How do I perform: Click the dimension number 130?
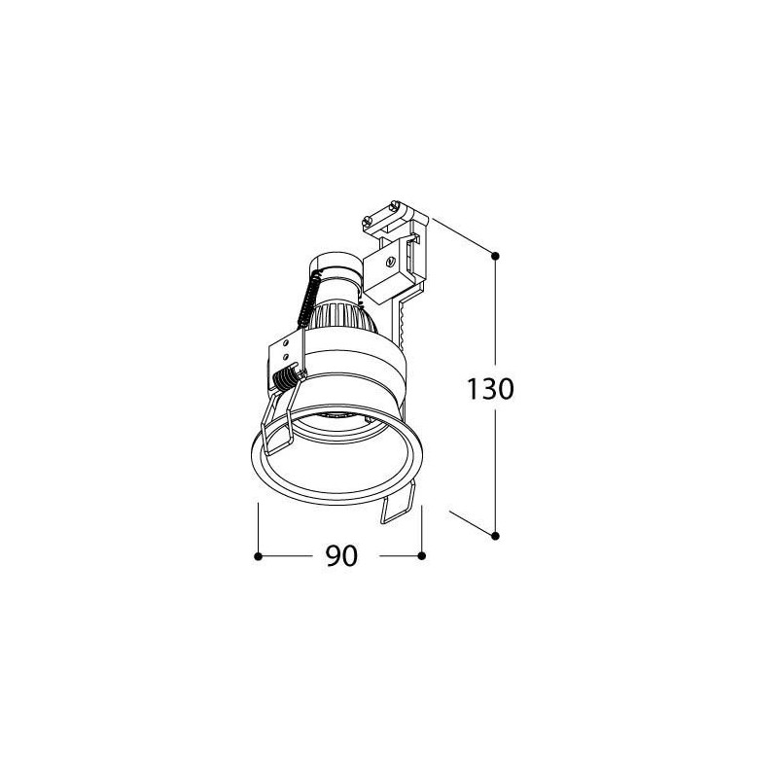pos(490,390)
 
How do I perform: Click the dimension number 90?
pos(342,556)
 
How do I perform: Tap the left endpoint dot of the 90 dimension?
pos(258,556)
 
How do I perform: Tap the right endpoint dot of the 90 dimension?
pos(422,556)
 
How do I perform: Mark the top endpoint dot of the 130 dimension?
pos(495,256)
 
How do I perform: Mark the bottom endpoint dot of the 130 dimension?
pos(495,536)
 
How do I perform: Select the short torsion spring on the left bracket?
pos(286,378)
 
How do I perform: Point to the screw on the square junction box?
pos(391,261)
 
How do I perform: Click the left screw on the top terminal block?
pos(368,220)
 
